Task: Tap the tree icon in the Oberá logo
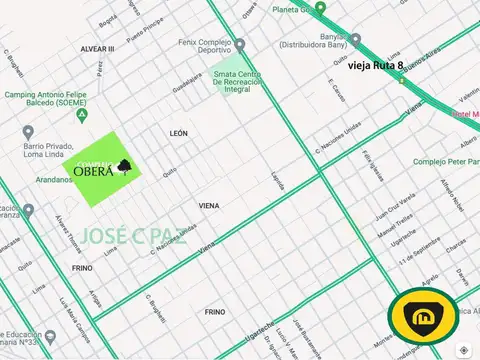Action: [x=123, y=167]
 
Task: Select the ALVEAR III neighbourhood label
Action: [x=98, y=48]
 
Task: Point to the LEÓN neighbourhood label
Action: [x=179, y=132]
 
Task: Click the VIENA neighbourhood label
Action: [x=209, y=205]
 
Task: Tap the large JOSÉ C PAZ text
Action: [x=134, y=236]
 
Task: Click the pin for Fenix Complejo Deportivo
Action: [x=239, y=44]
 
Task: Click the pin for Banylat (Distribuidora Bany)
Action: [x=355, y=41]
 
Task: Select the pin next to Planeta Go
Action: [x=320, y=8]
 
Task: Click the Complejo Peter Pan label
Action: [x=446, y=160]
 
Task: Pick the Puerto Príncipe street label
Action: [x=136, y=36]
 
